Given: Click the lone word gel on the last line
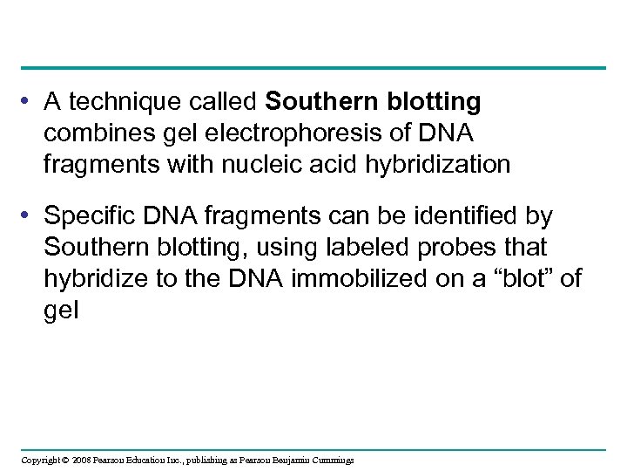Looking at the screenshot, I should tap(61, 311).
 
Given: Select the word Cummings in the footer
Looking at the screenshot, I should tap(330, 460).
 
